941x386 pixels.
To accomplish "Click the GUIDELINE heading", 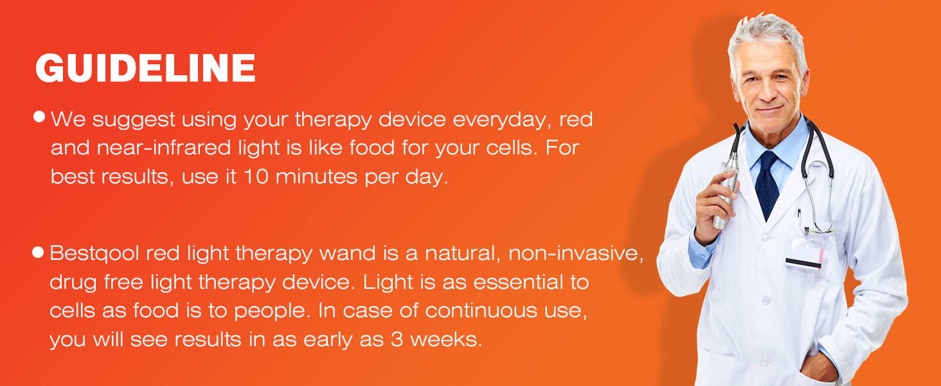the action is coord(146,68).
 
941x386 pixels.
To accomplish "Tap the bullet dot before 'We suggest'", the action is coord(39,116).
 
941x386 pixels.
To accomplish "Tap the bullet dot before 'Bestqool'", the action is coord(38,252).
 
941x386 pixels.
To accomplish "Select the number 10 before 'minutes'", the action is coord(256,176).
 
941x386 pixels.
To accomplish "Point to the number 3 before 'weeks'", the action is coord(397,339).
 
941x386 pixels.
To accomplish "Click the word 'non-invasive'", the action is coord(575,253).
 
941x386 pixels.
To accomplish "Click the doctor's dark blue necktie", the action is coord(767,184).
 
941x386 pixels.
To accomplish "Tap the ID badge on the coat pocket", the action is coord(805,252).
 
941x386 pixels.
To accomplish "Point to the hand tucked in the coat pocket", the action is coord(819,368).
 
